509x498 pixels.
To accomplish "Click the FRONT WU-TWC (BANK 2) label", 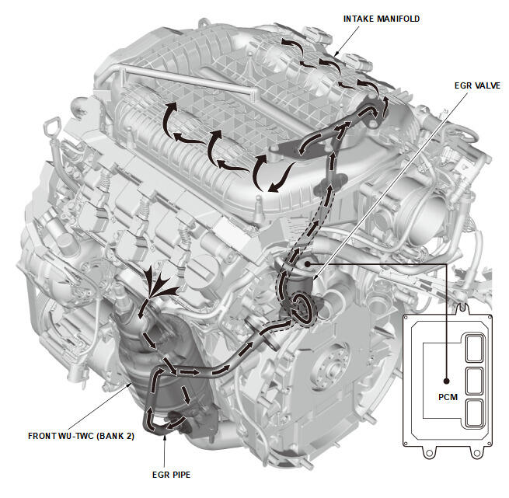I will [82, 436].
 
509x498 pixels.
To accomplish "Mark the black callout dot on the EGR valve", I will [309, 265].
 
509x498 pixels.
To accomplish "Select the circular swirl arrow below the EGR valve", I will [301, 308].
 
